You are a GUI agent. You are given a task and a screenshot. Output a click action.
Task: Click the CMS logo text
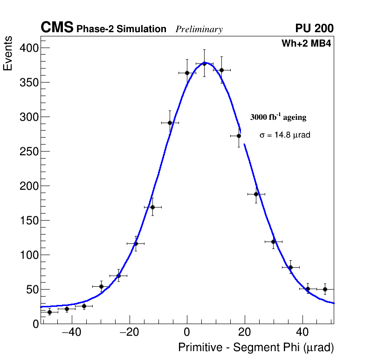click(57, 28)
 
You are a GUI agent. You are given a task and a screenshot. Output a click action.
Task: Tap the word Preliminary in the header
click(199, 29)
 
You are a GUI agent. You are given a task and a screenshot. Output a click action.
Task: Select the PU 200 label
click(314, 28)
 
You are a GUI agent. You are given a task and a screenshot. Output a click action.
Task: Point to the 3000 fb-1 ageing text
click(278, 117)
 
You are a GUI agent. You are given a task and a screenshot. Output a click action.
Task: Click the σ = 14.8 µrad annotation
click(285, 135)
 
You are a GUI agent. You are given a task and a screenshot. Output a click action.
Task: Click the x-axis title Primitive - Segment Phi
click(256, 348)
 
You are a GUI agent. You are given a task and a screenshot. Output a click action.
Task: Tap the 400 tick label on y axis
click(28, 48)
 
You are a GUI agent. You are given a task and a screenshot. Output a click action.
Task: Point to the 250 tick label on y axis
click(28, 152)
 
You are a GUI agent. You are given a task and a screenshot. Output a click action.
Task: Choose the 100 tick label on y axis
click(28, 255)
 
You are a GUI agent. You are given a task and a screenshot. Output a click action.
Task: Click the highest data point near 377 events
click(204, 63)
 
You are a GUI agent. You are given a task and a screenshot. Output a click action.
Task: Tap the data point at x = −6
click(170, 123)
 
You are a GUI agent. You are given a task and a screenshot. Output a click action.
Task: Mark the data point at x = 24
click(256, 194)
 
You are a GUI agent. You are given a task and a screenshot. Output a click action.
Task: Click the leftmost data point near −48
click(49, 312)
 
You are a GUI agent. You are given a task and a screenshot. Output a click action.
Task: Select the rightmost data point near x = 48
click(325, 289)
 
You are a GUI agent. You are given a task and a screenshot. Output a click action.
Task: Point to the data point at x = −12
click(152, 207)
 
